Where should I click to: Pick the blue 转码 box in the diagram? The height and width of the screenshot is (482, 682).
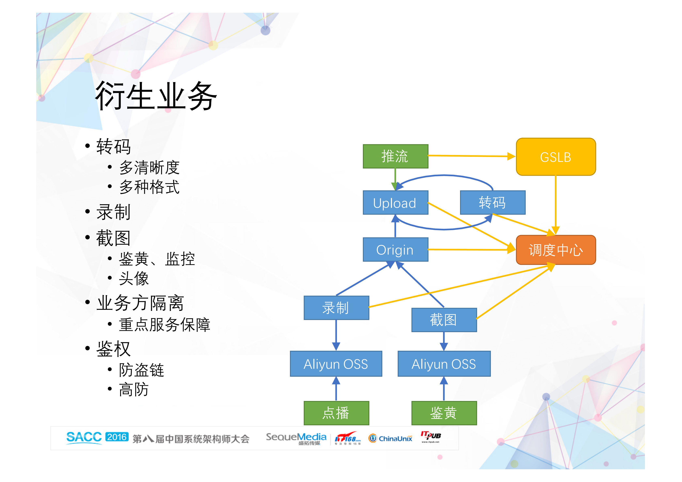point(492,203)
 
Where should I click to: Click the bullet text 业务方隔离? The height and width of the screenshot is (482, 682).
point(140,303)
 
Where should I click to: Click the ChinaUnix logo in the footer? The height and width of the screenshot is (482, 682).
point(390,438)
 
